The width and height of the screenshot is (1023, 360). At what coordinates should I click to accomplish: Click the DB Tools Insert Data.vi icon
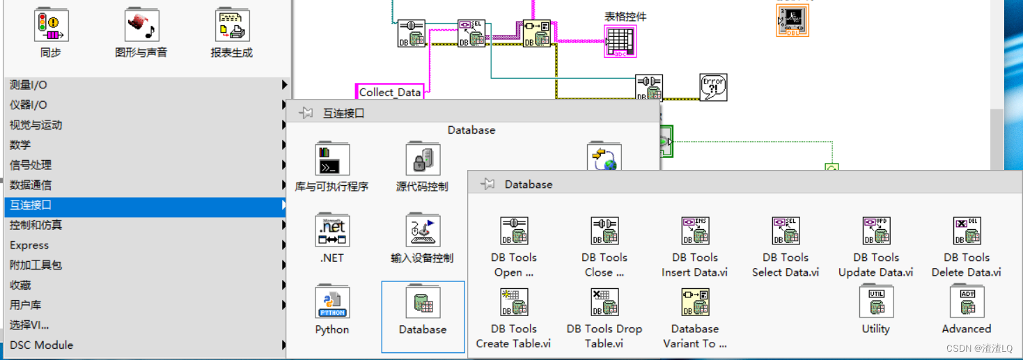coord(695,231)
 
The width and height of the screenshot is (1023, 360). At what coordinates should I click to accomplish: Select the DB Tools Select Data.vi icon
coord(786,231)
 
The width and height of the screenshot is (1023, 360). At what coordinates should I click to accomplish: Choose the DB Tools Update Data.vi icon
coord(876,231)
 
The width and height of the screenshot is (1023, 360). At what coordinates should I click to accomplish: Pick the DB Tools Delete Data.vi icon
coord(967,231)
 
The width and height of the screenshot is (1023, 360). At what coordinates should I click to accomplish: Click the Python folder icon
coord(332,302)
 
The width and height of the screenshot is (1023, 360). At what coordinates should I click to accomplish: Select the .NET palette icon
coord(332,230)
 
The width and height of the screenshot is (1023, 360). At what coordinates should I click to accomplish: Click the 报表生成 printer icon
coord(232,26)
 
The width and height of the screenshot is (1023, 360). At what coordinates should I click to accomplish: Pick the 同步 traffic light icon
coord(51,26)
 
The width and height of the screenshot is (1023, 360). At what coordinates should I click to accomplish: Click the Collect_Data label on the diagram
coord(390,92)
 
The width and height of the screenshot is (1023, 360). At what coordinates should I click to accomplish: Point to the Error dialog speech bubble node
coord(713,88)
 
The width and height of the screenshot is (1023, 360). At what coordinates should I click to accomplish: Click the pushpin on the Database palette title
coord(488,184)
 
